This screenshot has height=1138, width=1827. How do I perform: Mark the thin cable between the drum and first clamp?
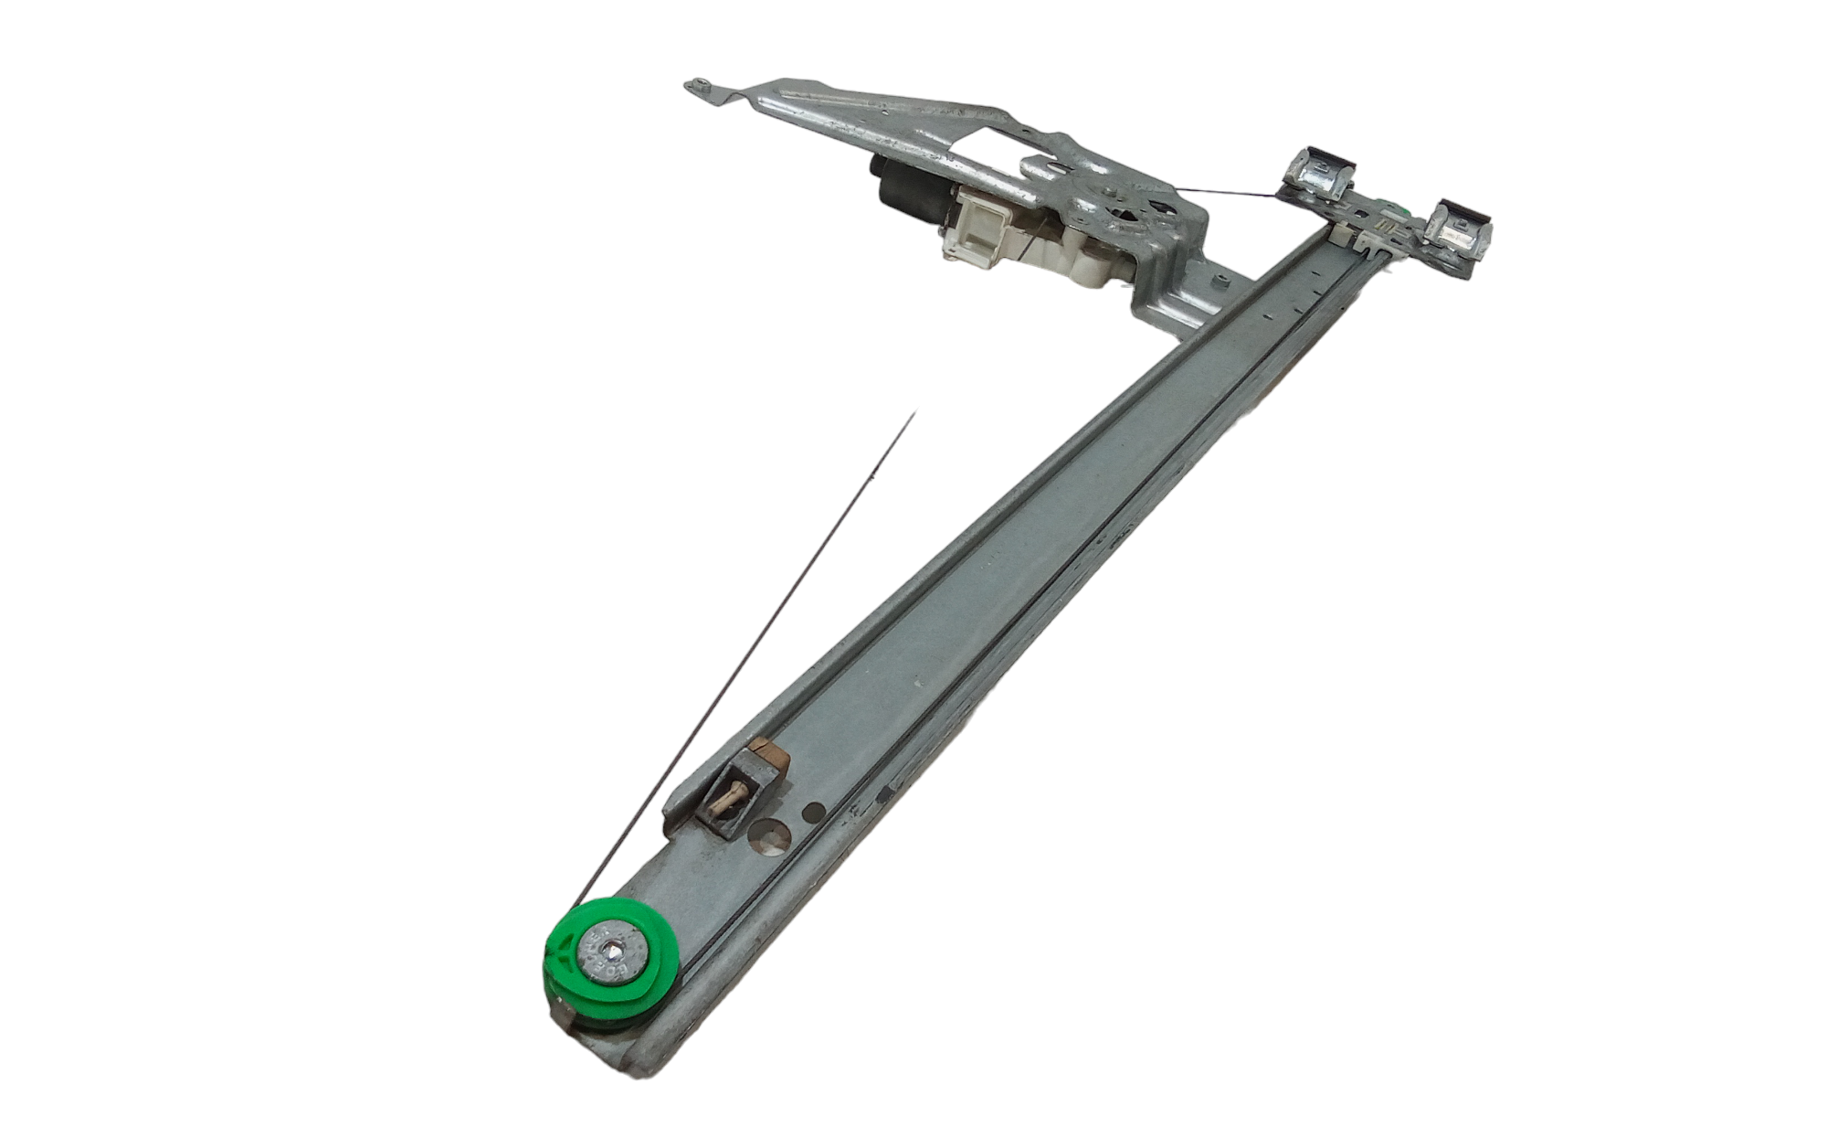tap(1224, 193)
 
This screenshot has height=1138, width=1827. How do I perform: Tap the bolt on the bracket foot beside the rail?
tap(1220, 280)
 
